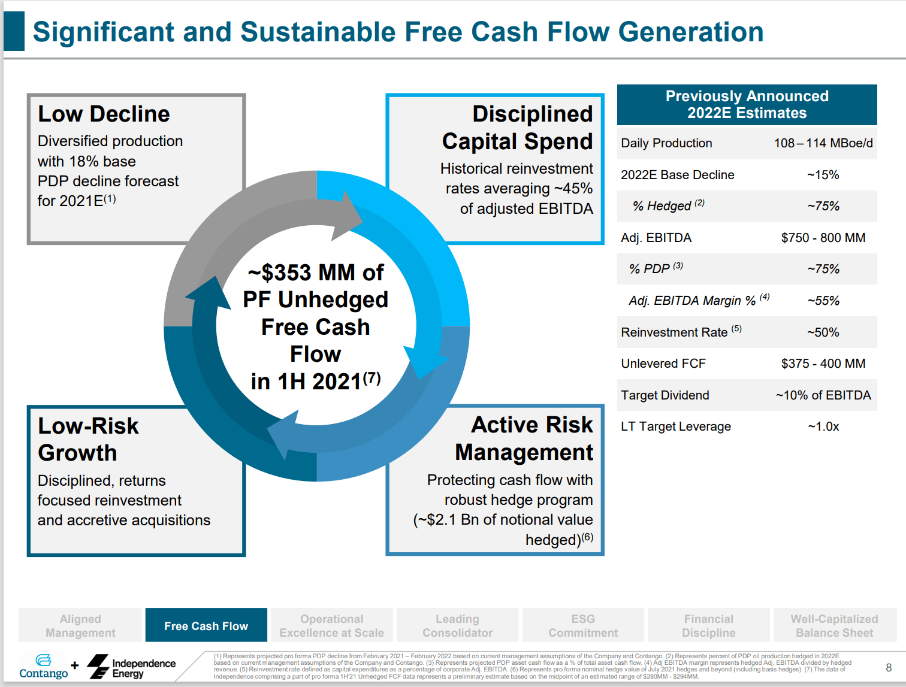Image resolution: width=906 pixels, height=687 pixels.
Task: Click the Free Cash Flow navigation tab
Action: (206, 626)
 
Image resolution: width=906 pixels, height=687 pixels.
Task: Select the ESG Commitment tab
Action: (583, 626)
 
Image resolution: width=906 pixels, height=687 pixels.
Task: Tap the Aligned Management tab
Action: (80, 626)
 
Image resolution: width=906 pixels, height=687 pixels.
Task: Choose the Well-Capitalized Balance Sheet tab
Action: (834, 626)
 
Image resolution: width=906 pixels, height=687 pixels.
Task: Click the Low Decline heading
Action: (104, 114)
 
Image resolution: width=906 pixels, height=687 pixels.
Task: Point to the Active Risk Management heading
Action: (524, 438)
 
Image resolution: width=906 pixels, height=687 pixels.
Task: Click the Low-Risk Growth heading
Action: (88, 439)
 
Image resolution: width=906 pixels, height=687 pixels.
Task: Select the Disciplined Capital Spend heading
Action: (518, 128)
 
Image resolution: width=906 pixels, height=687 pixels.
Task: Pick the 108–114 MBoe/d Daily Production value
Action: (823, 143)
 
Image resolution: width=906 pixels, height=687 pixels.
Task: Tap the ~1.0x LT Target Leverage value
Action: (823, 426)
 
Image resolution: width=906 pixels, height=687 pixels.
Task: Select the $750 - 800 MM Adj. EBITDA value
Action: (823, 238)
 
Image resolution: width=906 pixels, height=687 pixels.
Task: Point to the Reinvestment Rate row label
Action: (674, 332)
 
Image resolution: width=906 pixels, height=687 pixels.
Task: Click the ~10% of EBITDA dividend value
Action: (823, 395)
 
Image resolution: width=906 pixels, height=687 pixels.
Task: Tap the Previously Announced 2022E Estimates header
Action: (747, 105)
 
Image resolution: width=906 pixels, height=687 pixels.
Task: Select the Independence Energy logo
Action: (132, 667)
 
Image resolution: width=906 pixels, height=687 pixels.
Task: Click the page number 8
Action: (889, 667)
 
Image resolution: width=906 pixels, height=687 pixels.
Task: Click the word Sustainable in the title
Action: (318, 32)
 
